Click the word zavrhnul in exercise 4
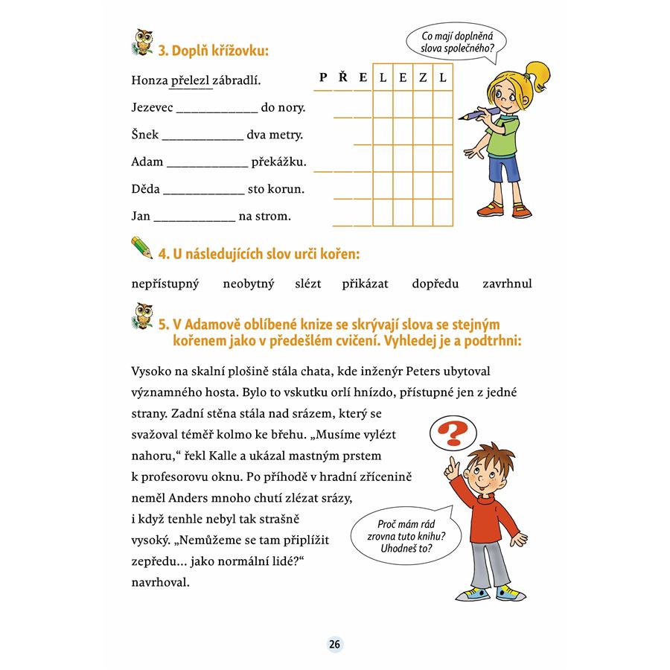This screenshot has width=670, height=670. pyautogui.click(x=507, y=284)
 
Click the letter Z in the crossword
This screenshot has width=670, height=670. pyautogui.click(x=423, y=77)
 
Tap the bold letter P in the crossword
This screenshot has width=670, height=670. pyautogui.click(x=323, y=77)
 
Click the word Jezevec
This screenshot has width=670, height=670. pyautogui.click(x=152, y=108)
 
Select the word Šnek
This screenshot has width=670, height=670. pyautogui.click(x=144, y=135)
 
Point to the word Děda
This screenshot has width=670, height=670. pyautogui.click(x=145, y=189)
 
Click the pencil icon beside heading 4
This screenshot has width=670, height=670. pyautogui.click(x=141, y=247)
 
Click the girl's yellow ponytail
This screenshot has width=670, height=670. pyautogui.click(x=538, y=75)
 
